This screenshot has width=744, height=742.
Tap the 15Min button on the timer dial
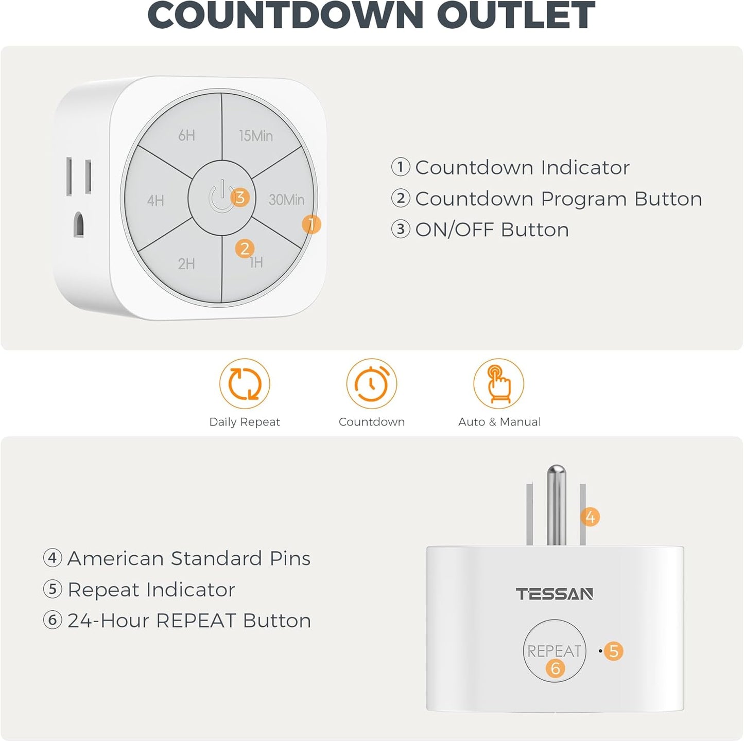255,135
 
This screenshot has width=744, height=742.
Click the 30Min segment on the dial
286,200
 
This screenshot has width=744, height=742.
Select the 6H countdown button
186,135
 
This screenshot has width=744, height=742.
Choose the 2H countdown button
186,264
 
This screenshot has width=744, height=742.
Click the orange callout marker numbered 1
311,224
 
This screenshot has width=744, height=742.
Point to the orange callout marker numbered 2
245,249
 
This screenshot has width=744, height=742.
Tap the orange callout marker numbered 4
590,517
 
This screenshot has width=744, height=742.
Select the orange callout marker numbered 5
613,651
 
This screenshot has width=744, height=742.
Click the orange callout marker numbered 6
555,668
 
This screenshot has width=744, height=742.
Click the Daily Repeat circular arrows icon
245,384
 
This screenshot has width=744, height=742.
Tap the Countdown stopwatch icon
371,384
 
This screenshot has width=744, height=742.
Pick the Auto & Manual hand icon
498,384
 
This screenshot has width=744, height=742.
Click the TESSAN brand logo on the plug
555,594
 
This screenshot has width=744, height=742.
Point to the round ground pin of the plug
556,504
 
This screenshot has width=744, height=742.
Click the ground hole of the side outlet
78,224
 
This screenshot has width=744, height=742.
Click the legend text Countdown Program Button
558,199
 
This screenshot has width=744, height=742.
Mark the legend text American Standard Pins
188,558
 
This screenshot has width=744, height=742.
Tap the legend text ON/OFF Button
492,229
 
